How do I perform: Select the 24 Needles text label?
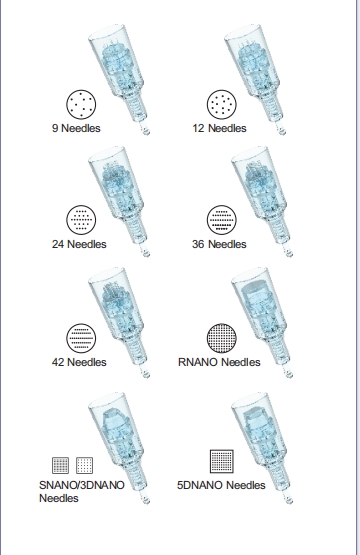tap(79, 244)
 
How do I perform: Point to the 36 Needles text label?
tap(219, 244)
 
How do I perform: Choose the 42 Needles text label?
tap(79, 361)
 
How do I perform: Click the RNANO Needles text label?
tap(226, 361)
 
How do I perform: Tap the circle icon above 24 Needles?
tap(78, 220)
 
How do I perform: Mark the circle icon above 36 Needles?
tap(219, 220)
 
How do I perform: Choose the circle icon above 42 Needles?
tap(78, 337)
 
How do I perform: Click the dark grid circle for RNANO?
tap(219, 337)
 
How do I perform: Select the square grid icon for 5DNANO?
tap(221, 461)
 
